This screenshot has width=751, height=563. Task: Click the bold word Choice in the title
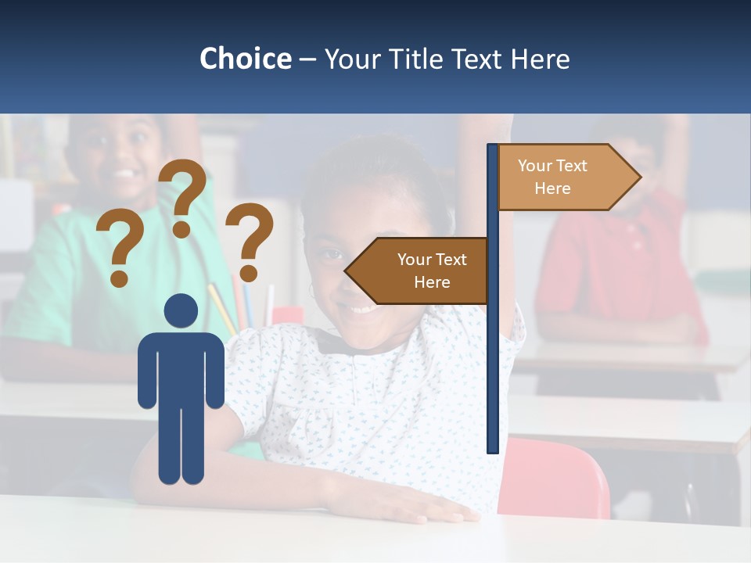245,59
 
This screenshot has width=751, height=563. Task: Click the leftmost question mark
119,249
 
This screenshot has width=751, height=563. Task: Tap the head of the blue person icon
181,310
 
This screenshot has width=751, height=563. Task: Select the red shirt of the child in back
618,266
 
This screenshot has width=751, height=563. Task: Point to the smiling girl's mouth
361,309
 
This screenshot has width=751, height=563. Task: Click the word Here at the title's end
540,59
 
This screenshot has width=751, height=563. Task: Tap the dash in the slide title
307,59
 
